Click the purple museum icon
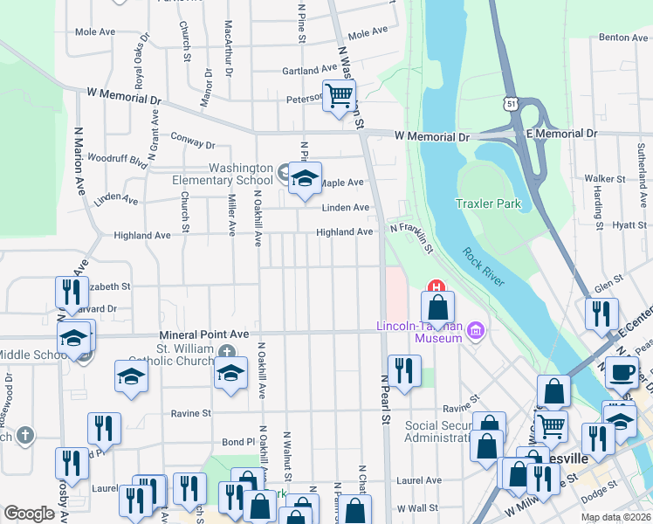click(476, 331)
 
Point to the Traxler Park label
click(488, 204)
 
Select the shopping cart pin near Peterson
click(339, 96)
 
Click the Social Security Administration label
click(437, 431)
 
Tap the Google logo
click(29, 514)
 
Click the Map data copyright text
click(615, 517)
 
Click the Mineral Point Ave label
click(204, 334)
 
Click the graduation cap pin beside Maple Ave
click(305, 180)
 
